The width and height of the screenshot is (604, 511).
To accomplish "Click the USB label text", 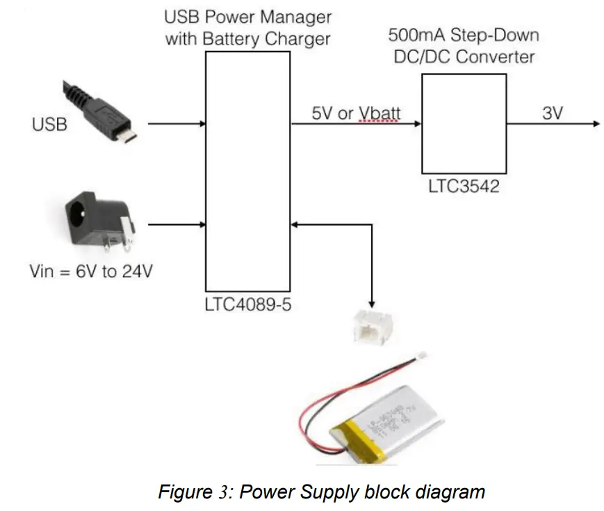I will tap(49, 125).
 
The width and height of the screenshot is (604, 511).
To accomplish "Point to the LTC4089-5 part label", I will tap(247, 305).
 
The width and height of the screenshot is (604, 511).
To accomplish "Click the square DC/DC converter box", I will tap(464, 123).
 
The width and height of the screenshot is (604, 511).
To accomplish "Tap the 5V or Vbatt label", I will tap(356, 112).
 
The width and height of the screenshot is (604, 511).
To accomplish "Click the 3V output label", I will tap(552, 112).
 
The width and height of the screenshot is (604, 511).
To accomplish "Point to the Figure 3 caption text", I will tap(321, 492).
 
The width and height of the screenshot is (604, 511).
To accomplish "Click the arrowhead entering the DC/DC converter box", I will tap(418, 124).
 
